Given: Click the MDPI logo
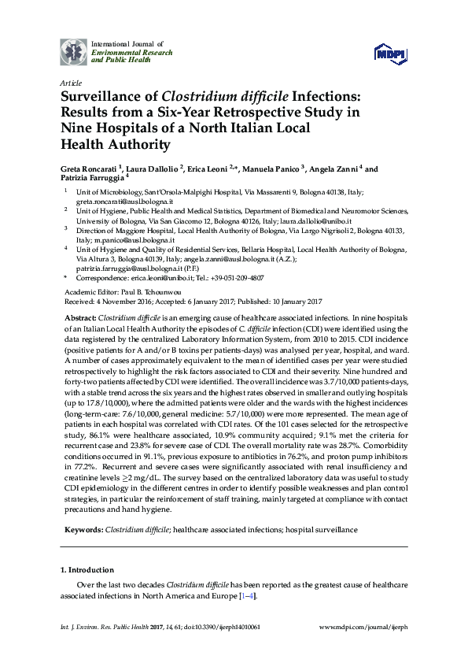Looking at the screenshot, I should click(389, 52).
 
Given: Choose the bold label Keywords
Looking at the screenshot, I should click(82, 531).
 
